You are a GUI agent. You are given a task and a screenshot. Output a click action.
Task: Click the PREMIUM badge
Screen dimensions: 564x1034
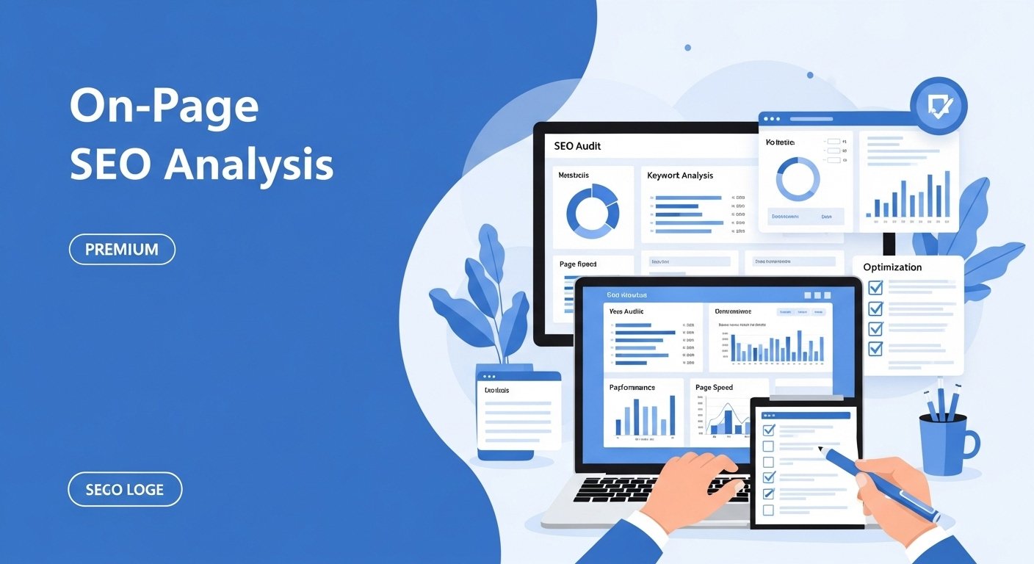pos(122,249)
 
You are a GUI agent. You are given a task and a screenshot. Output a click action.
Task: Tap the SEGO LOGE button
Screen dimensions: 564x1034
pos(125,489)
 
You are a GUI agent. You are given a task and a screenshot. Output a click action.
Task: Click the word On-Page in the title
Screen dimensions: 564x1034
pos(164,107)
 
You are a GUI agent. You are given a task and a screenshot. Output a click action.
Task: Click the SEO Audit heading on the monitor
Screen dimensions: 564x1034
pos(577,146)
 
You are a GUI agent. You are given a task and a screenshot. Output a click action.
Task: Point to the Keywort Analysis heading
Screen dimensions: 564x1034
pos(680,176)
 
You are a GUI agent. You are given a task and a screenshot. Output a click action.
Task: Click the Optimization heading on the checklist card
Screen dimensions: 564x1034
pos(892,267)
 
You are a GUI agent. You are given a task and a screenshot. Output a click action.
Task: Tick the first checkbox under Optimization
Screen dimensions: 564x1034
pos(875,287)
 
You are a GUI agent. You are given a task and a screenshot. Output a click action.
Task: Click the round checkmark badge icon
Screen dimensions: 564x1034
pos(938,106)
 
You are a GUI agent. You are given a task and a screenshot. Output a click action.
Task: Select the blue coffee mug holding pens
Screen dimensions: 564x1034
pos(944,444)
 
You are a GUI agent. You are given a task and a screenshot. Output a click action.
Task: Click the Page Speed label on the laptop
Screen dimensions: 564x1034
pos(714,387)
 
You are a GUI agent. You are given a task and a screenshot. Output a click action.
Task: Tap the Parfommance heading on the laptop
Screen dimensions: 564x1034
pos(632,387)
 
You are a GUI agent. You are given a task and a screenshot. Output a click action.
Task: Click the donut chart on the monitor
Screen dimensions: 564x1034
pos(592,211)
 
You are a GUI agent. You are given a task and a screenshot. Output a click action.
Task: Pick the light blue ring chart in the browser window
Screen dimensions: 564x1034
pos(798,179)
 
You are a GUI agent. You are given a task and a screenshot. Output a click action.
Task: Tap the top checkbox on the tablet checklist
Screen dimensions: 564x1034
pos(768,430)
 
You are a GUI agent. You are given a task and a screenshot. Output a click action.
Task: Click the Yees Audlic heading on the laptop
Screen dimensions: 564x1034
pos(626,311)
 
